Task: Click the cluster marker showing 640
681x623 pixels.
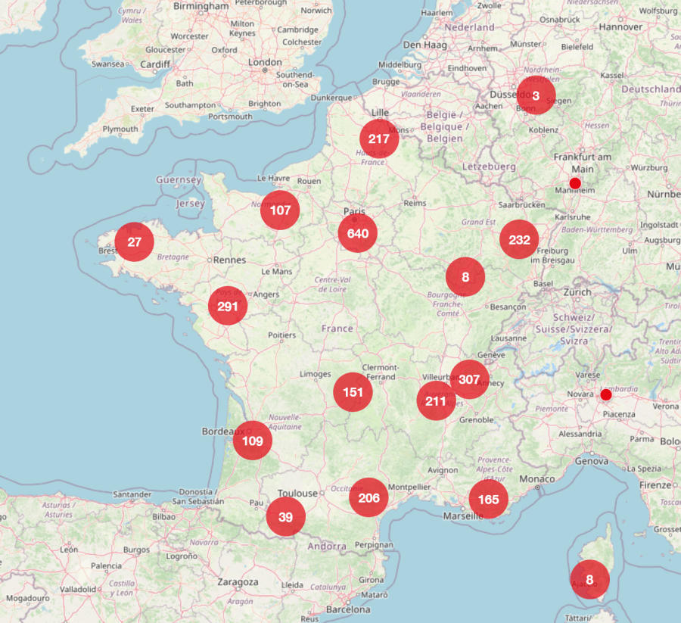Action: (358, 234)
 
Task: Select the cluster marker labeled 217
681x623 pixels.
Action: (379, 139)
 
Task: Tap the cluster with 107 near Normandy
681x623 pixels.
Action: (280, 210)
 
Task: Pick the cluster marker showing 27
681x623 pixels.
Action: (135, 242)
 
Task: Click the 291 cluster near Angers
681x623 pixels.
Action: (228, 307)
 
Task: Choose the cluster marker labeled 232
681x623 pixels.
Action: (519, 240)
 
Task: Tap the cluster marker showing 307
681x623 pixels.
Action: (469, 380)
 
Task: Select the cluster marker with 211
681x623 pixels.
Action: (436, 401)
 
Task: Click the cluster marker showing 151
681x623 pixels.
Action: (353, 392)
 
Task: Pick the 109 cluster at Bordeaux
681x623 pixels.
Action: (253, 441)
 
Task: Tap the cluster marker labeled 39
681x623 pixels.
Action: (285, 517)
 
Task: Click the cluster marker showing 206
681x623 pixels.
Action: (368, 497)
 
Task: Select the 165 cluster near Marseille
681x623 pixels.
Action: (488, 499)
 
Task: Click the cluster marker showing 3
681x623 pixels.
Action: (536, 95)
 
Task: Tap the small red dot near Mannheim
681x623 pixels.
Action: (575, 183)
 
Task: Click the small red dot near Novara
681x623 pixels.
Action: (606, 395)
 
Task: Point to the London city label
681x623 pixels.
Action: (265, 62)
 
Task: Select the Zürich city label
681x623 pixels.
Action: (577, 292)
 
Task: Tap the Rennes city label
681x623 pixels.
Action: (231, 260)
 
